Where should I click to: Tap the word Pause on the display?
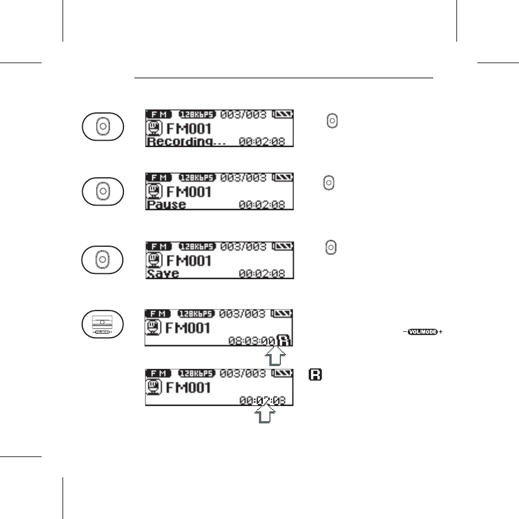(166, 204)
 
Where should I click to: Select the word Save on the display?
(163, 273)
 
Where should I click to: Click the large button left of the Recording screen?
(102, 126)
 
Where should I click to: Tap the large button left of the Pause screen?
(102, 191)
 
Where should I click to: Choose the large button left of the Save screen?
(102, 258)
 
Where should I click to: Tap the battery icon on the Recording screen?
(283, 115)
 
